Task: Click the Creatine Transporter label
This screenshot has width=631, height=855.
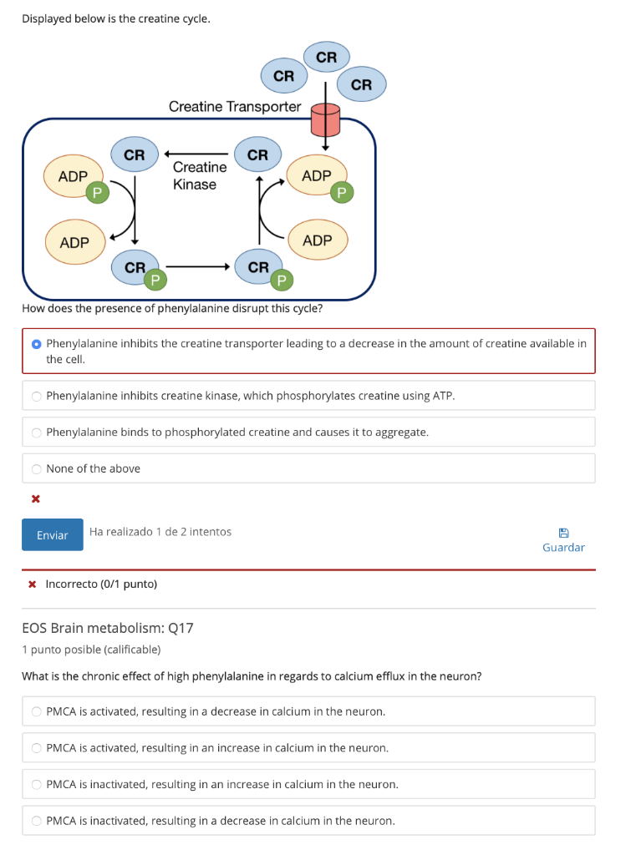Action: (234, 106)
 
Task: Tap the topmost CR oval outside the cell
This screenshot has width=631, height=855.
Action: (326, 58)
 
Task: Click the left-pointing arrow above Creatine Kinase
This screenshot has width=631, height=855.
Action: (196, 154)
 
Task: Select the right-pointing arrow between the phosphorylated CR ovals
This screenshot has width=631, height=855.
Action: (197, 268)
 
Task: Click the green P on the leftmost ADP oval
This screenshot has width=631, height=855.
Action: (97, 193)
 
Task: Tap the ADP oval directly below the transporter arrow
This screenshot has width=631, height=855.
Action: (318, 176)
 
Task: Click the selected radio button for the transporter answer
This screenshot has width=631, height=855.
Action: (36, 343)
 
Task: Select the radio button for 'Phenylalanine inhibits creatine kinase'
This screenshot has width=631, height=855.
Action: (36, 396)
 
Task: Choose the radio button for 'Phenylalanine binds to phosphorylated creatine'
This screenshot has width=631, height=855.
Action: (36, 433)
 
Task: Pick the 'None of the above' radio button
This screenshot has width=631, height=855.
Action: (36, 468)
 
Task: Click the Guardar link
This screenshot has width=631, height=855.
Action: (563, 548)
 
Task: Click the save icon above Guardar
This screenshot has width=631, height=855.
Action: (563, 532)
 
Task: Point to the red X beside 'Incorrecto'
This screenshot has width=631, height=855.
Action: (33, 584)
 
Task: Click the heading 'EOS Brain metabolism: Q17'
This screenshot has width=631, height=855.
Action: (108, 628)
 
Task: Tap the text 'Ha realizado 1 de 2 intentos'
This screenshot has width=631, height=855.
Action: (160, 532)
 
